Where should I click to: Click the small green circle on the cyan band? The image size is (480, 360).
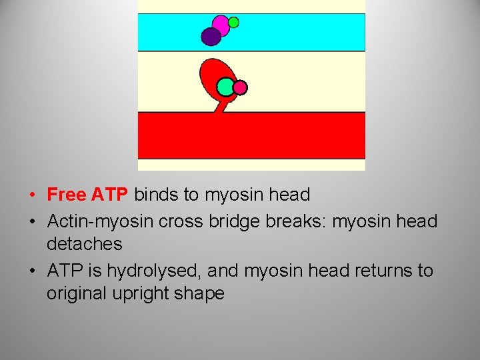233,22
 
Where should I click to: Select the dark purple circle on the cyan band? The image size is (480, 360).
211,37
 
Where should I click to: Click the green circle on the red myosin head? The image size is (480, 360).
226,87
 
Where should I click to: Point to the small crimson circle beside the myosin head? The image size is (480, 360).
241,87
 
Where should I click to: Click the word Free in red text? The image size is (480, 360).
67,195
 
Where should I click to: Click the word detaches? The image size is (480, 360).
85,244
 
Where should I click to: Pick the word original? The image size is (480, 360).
75,294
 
